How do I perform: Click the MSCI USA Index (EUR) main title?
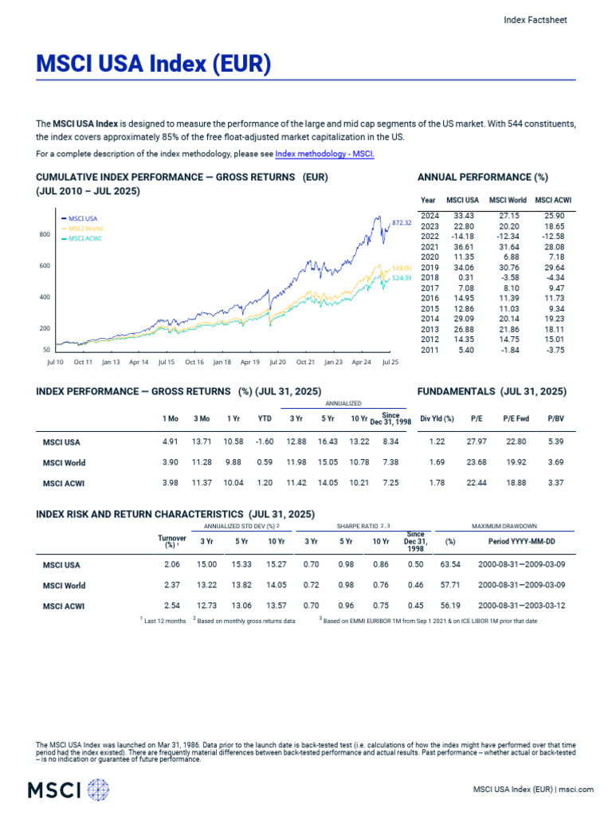154,64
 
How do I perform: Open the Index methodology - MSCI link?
324,154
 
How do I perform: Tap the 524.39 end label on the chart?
402,278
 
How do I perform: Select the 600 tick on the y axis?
45,265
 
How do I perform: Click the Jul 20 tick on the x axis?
277,362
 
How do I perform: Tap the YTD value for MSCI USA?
265,441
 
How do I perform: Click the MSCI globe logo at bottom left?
97,790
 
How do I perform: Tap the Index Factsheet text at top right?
535,20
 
